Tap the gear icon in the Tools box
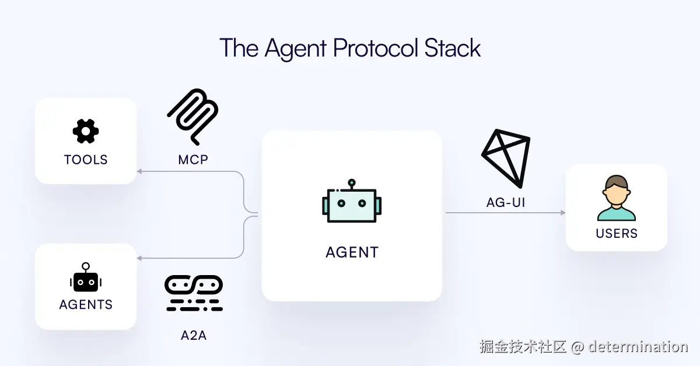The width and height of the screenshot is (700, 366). coord(86,131)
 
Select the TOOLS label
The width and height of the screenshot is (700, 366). coord(86,160)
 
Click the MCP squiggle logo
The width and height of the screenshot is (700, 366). coord(193,117)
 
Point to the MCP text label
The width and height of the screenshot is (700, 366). coord(193,159)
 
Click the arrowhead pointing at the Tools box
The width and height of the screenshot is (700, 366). coord(139,171)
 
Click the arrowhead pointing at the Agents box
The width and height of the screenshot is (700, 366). coord(139,258)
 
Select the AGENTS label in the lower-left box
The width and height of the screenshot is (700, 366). coord(86,305)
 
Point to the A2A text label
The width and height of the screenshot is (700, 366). coord(193,336)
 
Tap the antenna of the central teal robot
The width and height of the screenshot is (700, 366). coord(351,183)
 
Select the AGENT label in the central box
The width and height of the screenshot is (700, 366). coord(352,252)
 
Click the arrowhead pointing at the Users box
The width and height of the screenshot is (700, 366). coord(562,213)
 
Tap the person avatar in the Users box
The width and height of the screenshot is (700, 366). coord(616,199)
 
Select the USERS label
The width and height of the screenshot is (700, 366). coord(617,234)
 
